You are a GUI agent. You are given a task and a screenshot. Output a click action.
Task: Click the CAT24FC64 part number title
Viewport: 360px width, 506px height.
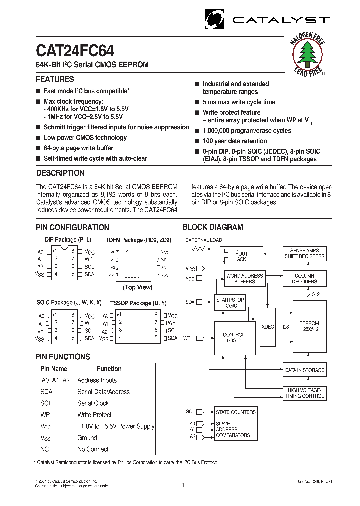75,52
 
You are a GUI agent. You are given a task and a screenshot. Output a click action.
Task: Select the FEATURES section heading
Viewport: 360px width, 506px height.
55,79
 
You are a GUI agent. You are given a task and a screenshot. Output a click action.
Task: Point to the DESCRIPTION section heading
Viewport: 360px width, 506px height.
60,173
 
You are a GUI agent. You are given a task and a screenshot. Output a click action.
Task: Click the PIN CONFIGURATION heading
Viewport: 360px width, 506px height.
72,227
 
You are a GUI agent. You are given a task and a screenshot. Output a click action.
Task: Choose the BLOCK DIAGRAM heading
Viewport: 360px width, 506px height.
212,227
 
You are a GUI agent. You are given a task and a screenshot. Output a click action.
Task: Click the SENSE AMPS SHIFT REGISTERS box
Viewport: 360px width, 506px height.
304,253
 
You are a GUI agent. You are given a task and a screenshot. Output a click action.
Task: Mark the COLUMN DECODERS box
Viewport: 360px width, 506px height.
304,278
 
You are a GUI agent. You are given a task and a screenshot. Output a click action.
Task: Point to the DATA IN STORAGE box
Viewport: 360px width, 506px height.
304,370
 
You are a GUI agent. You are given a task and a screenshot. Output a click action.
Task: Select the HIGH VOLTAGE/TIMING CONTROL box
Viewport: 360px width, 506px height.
304,393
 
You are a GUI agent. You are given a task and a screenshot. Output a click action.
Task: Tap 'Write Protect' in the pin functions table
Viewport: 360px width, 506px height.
94,415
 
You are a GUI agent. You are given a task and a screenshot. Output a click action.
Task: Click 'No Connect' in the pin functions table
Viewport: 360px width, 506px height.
93,449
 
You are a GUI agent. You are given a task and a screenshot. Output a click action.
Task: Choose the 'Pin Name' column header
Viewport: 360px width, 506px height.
54,369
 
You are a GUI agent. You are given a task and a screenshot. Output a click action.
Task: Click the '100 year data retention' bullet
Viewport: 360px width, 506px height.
235,141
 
